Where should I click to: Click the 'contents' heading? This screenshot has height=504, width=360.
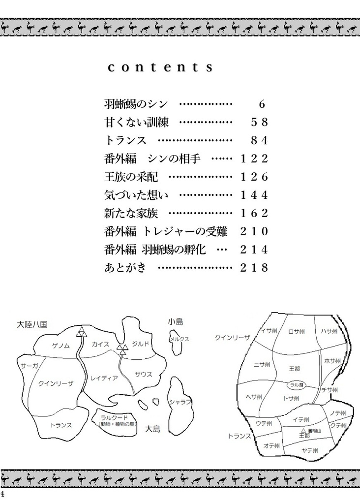click(160, 67)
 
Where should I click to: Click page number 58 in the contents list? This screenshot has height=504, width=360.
click(259, 122)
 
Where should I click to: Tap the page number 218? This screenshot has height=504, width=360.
click(254, 268)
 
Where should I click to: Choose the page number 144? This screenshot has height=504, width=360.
click(254, 195)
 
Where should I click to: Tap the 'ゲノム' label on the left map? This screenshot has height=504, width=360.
click(61, 346)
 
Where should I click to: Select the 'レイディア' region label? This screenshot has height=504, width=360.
click(104, 378)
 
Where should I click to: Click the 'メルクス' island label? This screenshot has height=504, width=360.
click(180, 340)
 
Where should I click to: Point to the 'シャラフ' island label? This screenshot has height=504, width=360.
click(180, 402)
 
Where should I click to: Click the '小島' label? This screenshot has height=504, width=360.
click(175, 322)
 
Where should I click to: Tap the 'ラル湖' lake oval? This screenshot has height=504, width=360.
click(297, 384)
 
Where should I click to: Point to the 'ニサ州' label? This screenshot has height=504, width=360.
click(262, 365)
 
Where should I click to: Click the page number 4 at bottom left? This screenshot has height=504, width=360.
click(2, 494)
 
